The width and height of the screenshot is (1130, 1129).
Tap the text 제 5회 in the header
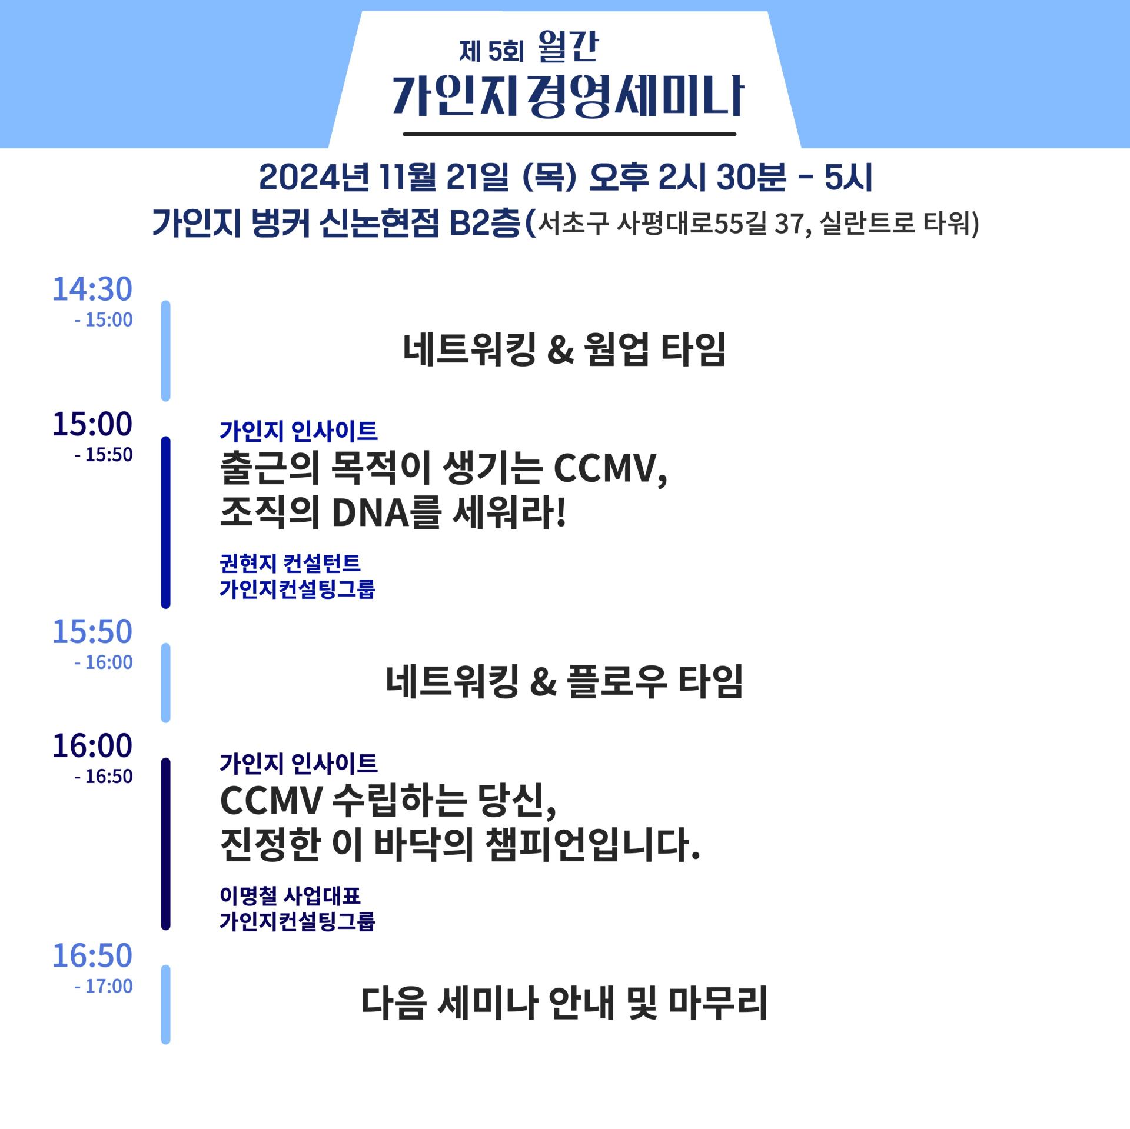[491, 52]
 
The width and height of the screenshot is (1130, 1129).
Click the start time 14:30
[92, 289]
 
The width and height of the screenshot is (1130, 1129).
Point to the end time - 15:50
[104, 455]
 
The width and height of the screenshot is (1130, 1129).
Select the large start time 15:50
[92, 632]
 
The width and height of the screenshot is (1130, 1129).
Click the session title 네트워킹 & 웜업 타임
[564, 349]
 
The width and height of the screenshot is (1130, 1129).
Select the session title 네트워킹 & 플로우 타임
[564, 681]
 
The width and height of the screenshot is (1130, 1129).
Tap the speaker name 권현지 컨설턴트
[290, 563]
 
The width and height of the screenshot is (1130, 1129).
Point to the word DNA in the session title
[370, 513]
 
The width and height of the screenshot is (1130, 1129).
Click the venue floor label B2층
[484, 224]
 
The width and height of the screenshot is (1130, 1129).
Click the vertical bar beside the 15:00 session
[166, 522]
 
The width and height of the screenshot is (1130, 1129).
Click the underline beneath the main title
[570, 134]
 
